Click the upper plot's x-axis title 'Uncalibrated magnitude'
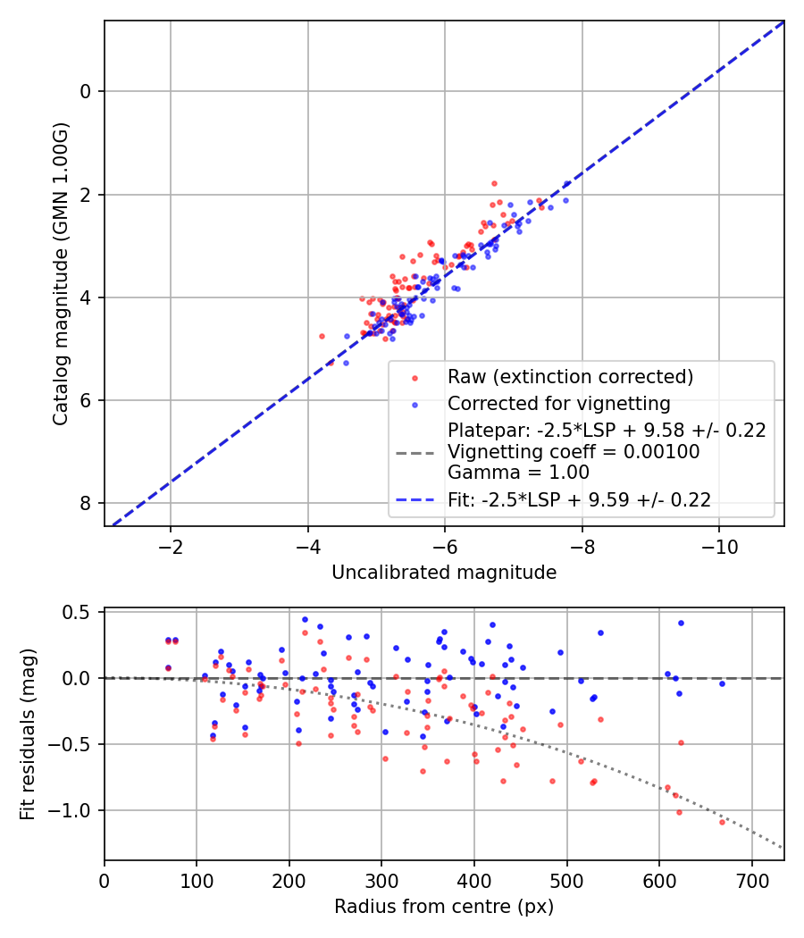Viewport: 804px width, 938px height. pos(444,573)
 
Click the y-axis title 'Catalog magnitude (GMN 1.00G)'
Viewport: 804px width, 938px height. pos(60,273)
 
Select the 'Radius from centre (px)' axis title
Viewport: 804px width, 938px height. pos(444,907)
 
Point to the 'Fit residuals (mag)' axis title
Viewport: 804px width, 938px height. pos(28,734)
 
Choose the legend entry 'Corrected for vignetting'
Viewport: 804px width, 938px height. pos(558,403)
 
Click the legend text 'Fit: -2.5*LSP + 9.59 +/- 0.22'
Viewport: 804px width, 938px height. pos(579,500)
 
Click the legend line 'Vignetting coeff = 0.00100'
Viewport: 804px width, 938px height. pos(574,452)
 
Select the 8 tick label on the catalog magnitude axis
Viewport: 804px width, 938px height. pos(87,504)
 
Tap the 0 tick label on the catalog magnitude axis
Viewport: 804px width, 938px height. pos(87,91)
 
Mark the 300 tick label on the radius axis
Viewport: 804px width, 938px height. pos(381,881)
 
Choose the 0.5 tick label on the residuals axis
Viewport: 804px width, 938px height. pos(80,612)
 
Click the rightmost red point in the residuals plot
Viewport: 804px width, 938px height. pos(722,821)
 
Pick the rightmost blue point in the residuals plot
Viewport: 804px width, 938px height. pos(722,683)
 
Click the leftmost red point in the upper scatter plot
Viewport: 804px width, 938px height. pos(322,336)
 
